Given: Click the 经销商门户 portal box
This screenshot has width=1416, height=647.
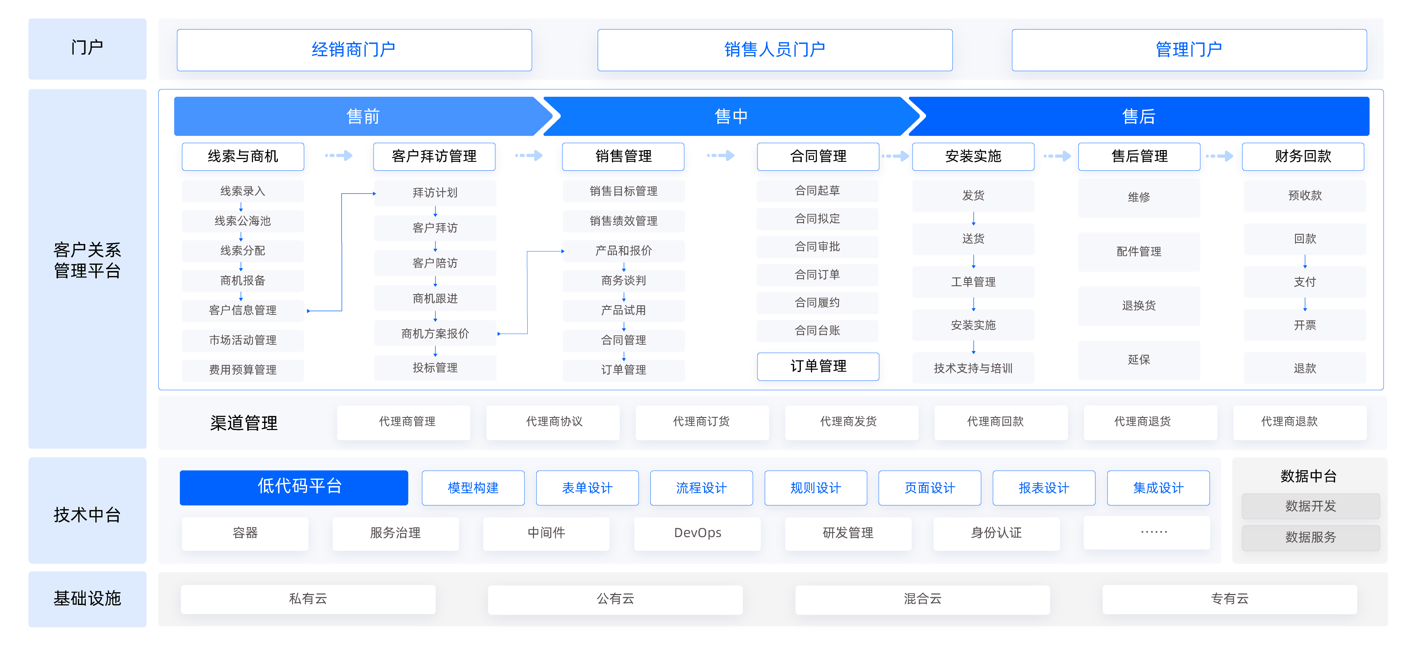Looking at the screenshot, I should [354, 50].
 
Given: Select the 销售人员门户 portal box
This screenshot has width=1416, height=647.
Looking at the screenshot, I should [775, 50].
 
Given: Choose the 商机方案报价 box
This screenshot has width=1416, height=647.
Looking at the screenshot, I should [435, 334].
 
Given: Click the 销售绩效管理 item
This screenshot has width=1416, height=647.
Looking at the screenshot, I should [623, 221].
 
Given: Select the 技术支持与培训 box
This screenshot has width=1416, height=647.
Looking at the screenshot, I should [973, 368].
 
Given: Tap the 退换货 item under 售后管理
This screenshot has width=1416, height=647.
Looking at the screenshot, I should [1138, 306].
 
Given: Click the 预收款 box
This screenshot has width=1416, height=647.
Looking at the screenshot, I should [1304, 196].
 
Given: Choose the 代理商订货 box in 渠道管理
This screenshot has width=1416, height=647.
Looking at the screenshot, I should [701, 421].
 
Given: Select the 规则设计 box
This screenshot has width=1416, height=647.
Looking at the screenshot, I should [815, 488].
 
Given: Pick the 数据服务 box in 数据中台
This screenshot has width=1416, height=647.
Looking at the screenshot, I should [1310, 537].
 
